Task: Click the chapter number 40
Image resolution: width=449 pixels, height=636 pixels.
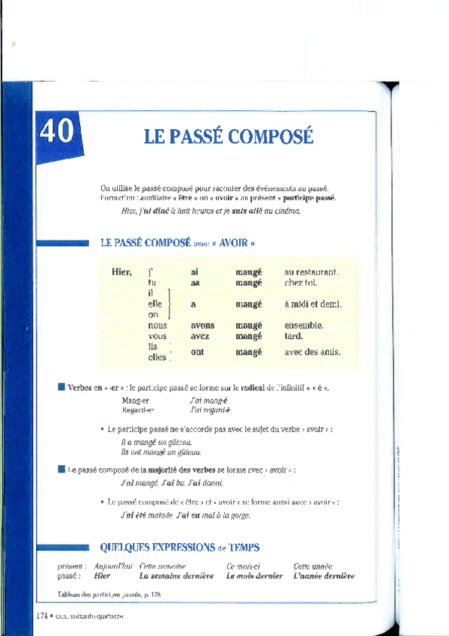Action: click(56, 131)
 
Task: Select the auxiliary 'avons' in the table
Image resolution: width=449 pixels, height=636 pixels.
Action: click(202, 325)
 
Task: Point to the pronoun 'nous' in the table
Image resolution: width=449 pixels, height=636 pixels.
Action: click(157, 325)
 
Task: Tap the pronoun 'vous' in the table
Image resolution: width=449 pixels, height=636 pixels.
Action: click(157, 336)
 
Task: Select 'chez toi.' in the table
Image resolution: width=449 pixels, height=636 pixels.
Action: click(301, 283)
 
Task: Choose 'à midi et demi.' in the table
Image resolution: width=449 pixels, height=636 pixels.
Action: click(313, 304)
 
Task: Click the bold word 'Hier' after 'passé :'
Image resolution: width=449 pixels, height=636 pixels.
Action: click(102, 576)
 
